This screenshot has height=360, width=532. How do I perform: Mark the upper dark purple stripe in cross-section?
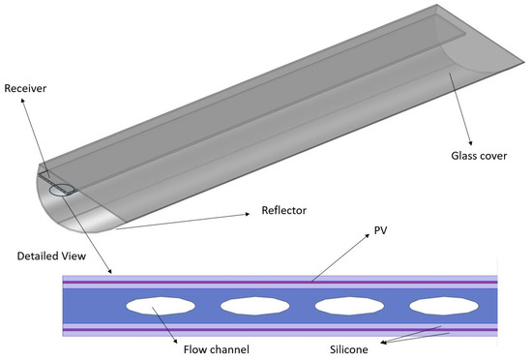point(281,284)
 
